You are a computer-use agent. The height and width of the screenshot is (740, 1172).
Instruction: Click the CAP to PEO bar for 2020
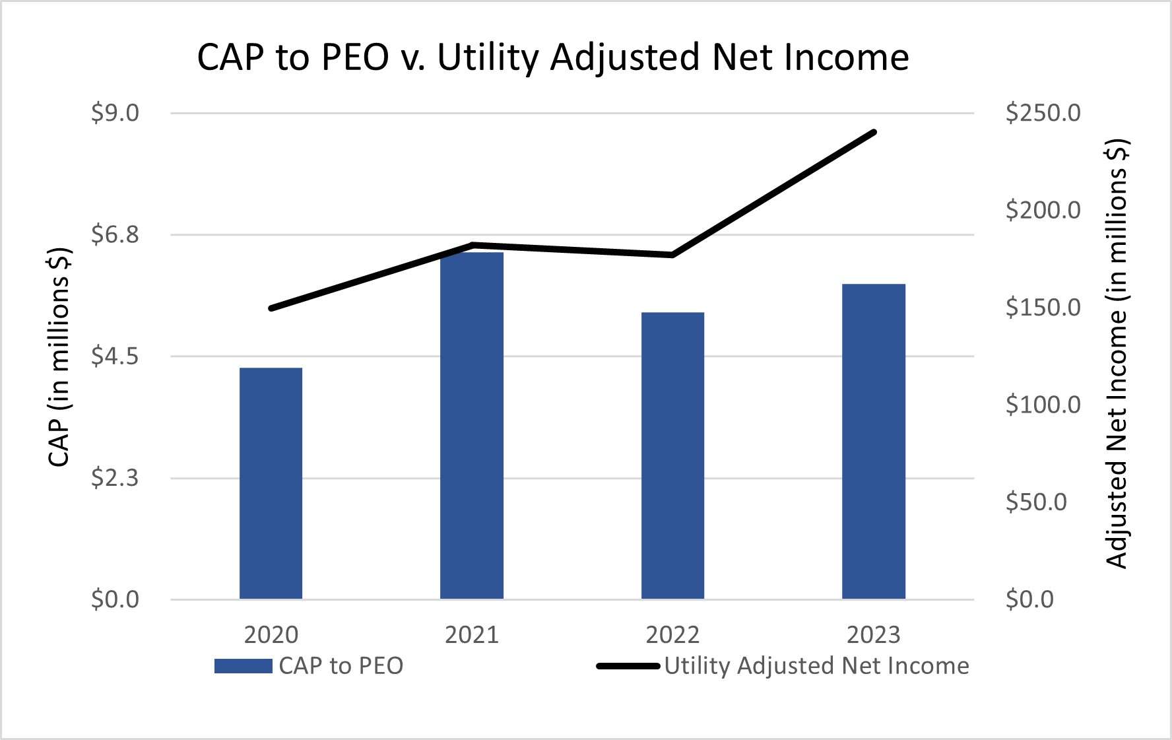[x=271, y=483]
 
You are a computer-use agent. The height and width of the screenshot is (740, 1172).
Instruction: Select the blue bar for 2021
[x=472, y=426]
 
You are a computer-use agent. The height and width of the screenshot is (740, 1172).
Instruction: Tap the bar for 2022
[x=672, y=455]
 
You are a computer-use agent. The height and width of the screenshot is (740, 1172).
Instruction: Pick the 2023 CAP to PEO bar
[x=874, y=441]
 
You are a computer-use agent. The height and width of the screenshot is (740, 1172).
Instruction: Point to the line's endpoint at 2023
[x=874, y=132]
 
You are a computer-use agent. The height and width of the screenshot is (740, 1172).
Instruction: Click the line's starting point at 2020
[x=271, y=308]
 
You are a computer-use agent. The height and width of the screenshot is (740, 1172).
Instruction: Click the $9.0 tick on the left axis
[x=115, y=113]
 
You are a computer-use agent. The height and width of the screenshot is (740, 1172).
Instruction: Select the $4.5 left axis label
[x=115, y=356]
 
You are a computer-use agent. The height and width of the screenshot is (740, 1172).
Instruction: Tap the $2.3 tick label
[x=115, y=478]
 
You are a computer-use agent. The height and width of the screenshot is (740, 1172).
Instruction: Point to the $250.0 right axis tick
[x=1043, y=113]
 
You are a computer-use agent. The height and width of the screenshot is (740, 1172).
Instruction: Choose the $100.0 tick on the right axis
[x=1043, y=405]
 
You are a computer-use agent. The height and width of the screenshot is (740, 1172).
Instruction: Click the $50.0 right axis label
[x=1036, y=502]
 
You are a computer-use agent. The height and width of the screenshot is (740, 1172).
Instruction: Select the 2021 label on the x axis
[x=472, y=635]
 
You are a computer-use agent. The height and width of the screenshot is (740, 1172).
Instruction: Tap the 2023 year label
[x=874, y=635]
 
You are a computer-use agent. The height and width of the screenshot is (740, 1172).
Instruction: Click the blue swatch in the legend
[x=243, y=666]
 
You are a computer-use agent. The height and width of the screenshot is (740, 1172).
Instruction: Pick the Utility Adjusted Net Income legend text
[x=816, y=666]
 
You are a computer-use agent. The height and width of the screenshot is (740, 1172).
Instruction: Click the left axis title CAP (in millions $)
[x=59, y=356]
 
